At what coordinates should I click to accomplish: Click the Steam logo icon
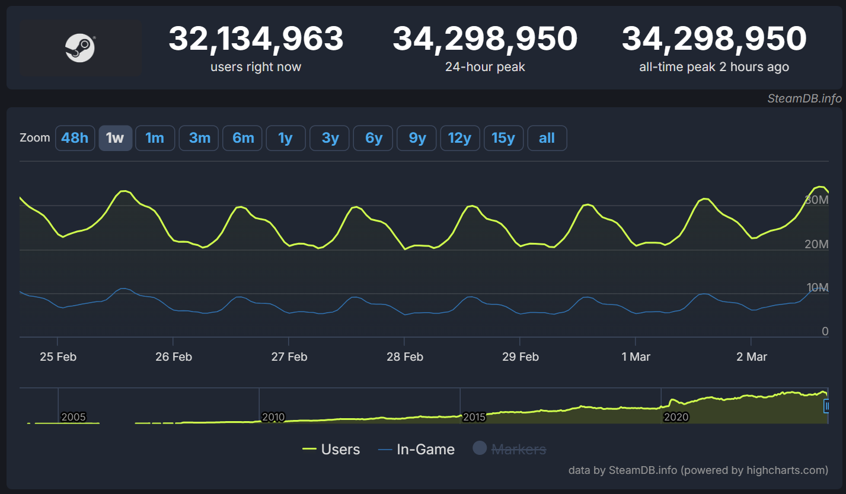(79, 47)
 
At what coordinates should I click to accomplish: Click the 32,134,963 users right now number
(256, 39)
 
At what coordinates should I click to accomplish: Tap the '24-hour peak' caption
(485, 67)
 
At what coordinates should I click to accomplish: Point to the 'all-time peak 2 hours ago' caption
(714, 67)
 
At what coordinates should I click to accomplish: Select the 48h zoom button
(75, 138)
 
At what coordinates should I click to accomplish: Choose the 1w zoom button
(115, 138)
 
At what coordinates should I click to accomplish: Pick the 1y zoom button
(286, 138)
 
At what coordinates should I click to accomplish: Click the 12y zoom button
(459, 138)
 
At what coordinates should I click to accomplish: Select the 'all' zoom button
(547, 138)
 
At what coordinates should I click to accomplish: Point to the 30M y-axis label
(816, 200)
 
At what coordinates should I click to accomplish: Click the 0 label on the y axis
(825, 331)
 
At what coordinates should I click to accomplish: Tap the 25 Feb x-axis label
(58, 357)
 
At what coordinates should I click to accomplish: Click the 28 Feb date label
(404, 357)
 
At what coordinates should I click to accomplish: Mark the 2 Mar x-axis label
(751, 357)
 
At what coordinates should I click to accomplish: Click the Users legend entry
(331, 450)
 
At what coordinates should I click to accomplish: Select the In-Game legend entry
(417, 450)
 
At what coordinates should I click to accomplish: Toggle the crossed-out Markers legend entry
(510, 450)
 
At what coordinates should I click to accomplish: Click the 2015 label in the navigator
(474, 417)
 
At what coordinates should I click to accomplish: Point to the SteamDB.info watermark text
(805, 99)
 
